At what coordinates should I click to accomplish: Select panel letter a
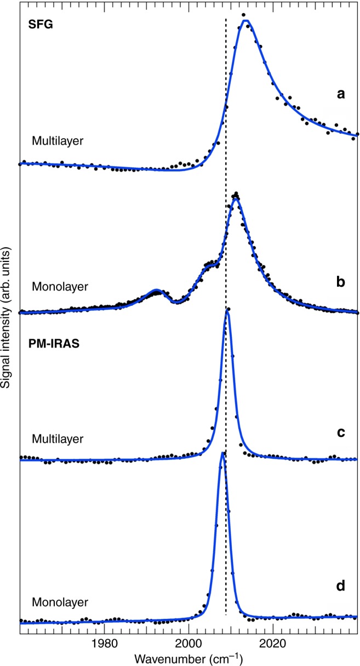tap(340, 94)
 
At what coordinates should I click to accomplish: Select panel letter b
tap(341, 285)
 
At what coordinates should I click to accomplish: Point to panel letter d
tap(341, 587)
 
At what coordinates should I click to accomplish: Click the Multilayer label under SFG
tap(58, 141)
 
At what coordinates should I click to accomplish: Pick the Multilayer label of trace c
tap(58, 439)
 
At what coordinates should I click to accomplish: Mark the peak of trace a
tap(246, 21)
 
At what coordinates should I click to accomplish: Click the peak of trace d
tap(222, 453)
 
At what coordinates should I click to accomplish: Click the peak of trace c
tap(227, 312)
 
